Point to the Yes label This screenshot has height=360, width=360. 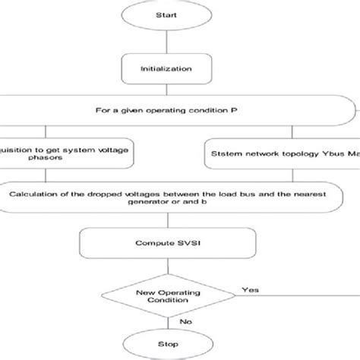click(x=250, y=289)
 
